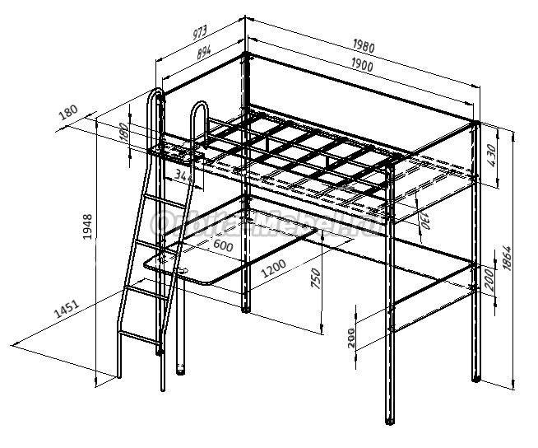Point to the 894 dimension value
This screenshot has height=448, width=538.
(204, 51)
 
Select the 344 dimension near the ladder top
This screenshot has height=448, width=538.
(184, 175)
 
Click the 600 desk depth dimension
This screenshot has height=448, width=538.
(222, 245)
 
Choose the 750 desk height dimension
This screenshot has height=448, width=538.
(315, 280)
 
